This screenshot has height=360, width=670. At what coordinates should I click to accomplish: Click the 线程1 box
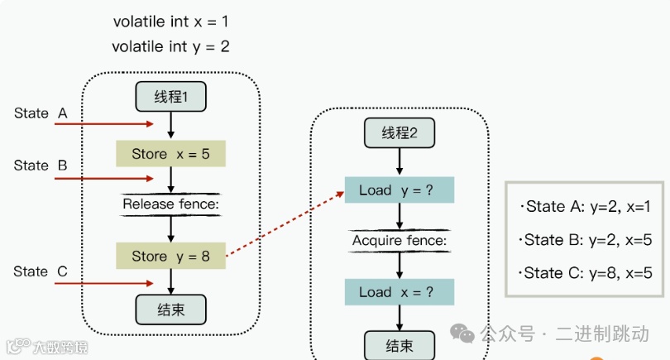pyautogui.click(x=170, y=97)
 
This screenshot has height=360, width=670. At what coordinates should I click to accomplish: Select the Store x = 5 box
pyautogui.click(x=170, y=154)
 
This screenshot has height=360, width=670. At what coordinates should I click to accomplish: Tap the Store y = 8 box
pyautogui.click(x=170, y=257)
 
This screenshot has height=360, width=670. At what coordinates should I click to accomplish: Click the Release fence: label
pyautogui.click(x=170, y=204)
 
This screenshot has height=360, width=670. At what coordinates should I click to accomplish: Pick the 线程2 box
pyautogui.click(x=400, y=132)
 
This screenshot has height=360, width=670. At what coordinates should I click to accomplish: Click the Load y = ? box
pyautogui.click(x=400, y=190)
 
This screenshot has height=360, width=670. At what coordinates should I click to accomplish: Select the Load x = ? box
pyautogui.click(x=400, y=292)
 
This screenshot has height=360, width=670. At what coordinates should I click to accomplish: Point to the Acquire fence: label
pyautogui.click(x=400, y=241)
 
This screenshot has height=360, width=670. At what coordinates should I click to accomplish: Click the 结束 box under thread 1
pyautogui.click(x=170, y=309)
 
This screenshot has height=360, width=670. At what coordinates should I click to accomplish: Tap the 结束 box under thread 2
pyautogui.click(x=400, y=345)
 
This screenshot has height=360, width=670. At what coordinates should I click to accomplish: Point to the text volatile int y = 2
pyautogui.click(x=170, y=46)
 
